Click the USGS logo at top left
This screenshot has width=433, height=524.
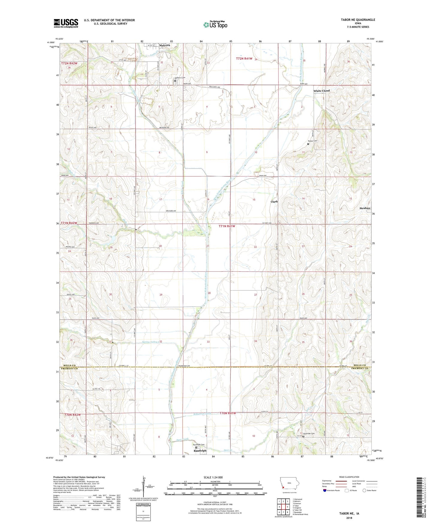(66, 23)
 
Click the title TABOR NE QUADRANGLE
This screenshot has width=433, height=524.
(358, 20)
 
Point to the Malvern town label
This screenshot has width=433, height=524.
(165, 45)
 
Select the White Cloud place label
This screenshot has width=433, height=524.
(321, 91)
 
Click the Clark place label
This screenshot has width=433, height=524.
(274, 202)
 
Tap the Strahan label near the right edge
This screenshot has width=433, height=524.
(365, 208)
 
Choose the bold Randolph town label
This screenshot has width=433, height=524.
(200, 451)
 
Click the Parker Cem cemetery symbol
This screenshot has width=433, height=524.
(308, 144)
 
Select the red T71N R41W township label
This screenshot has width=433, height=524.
(227, 226)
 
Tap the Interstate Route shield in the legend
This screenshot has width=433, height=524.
(325, 490)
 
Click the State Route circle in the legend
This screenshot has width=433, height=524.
(364, 490)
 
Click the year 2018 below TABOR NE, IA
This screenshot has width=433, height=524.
(349, 518)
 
